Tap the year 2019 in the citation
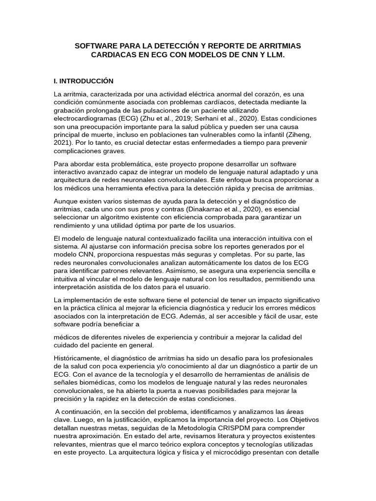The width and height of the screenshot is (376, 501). tap(186, 119)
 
